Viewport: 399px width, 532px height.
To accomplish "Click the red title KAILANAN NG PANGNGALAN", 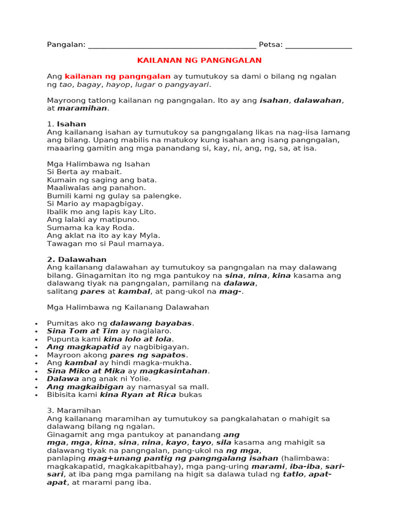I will (199, 60).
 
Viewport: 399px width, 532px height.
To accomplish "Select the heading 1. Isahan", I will (66, 124).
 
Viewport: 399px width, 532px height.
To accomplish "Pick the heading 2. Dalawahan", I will (76, 259).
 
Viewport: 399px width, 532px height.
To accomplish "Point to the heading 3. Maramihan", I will (74, 410).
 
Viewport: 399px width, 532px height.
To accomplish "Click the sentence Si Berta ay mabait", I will (84, 172).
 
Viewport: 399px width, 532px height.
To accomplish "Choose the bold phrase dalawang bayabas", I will (151, 323).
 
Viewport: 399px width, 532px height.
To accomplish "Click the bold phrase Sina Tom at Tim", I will (83, 331).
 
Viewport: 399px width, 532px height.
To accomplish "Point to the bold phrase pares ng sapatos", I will (148, 355).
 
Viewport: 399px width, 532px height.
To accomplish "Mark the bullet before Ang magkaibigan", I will (36, 387).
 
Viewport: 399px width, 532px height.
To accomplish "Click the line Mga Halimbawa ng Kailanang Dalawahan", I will (128, 307).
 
